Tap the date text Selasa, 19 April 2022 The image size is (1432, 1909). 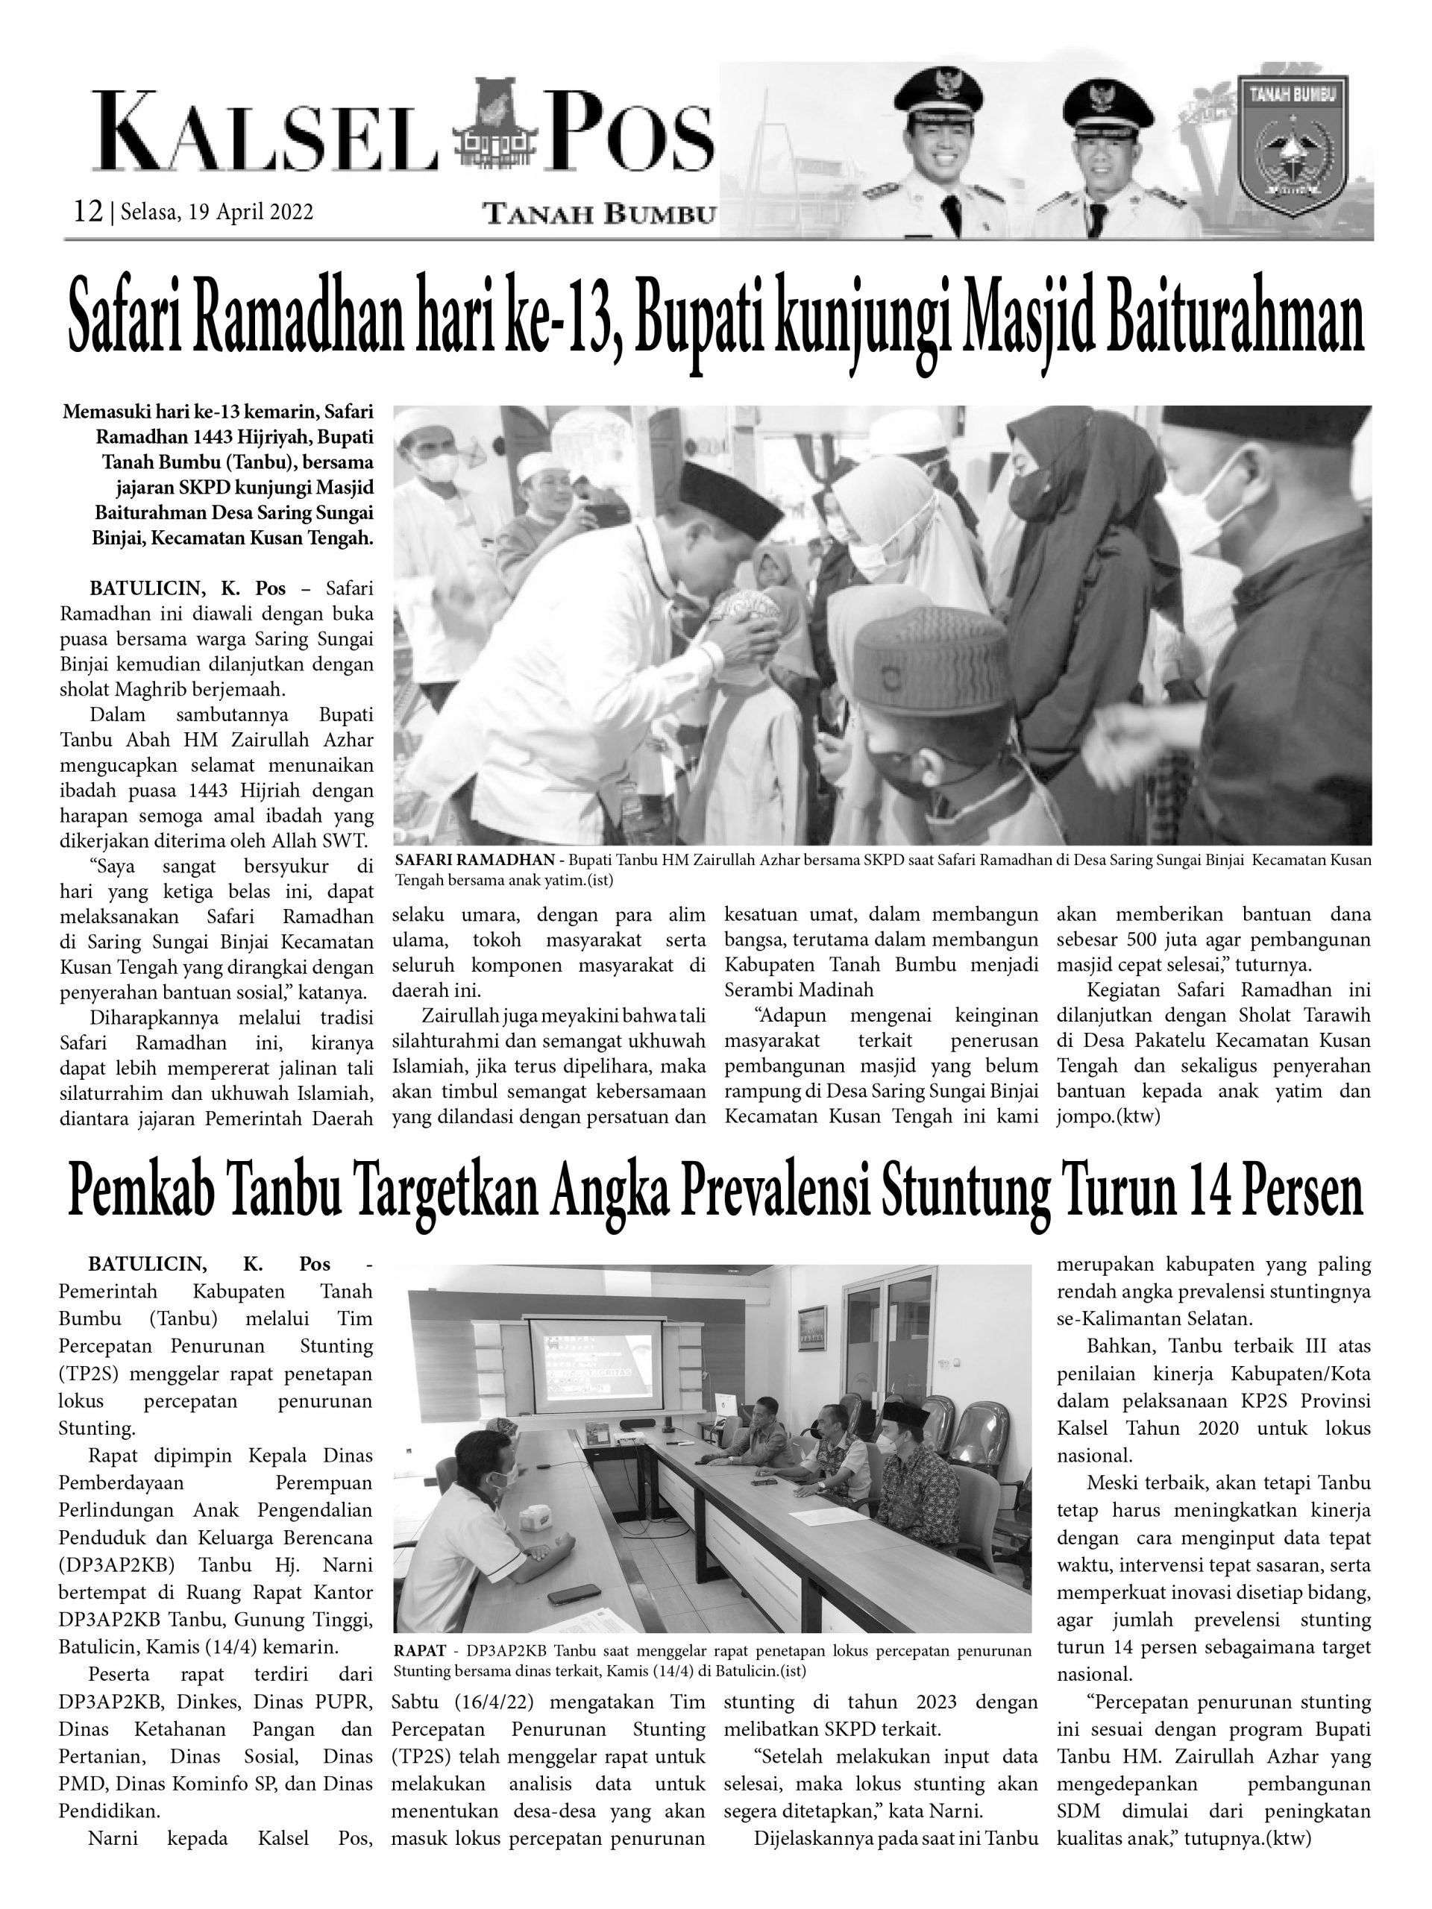tap(216, 212)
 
